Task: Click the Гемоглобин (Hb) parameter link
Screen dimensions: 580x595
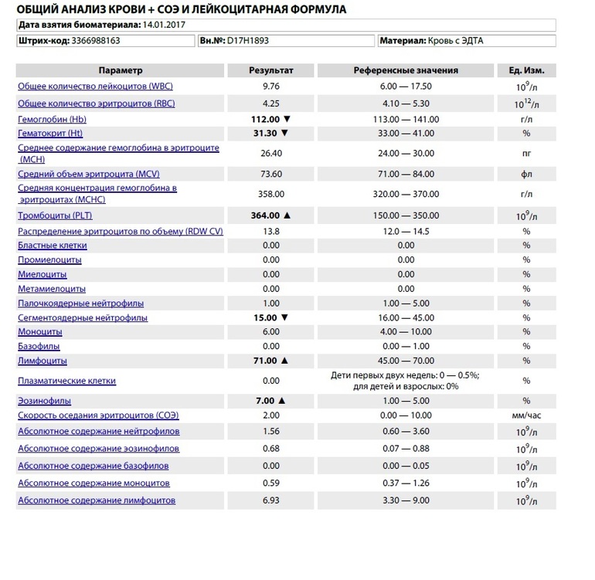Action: tap(51, 120)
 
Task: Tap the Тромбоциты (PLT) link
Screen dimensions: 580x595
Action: tap(52, 215)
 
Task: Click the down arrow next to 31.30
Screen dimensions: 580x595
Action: tap(286, 134)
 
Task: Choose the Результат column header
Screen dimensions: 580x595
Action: tap(270, 70)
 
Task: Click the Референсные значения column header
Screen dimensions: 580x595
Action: tap(406, 70)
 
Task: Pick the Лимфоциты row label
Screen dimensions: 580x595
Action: tap(42, 361)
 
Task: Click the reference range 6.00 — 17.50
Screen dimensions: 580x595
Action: tap(406, 86)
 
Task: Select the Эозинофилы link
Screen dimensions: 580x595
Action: tap(44, 401)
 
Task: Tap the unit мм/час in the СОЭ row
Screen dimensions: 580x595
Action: tap(526, 415)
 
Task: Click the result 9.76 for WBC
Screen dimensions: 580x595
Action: tap(270, 86)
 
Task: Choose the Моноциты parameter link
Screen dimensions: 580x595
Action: tap(40, 332)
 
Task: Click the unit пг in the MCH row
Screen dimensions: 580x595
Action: tap(526, 153)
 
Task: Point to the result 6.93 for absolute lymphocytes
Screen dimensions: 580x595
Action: tap(270, 500)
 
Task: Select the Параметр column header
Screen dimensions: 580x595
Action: tap(121, 70)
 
